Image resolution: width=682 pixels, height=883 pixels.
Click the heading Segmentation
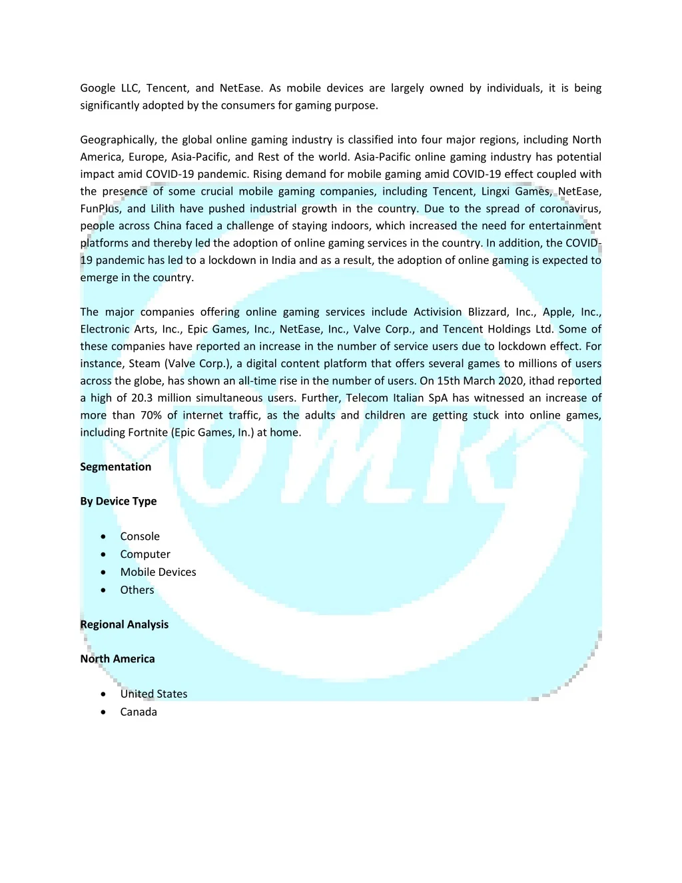[115, 466]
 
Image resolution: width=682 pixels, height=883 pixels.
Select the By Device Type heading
[118, 501]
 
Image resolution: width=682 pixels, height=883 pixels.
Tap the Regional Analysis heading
[124, 624]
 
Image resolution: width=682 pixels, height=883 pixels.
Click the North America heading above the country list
[117, 658]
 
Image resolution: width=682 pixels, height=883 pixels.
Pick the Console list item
[140, 536]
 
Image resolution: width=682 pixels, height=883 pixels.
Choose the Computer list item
[145, 554]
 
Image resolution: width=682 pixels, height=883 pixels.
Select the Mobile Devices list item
[158, 572]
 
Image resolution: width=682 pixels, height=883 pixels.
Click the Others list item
[137, 590]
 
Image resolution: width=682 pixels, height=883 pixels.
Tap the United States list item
[154, 694]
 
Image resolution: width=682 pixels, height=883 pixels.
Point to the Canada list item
[139, 712]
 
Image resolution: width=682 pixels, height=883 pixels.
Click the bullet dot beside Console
[103, 536]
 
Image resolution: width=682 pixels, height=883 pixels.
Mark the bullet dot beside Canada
[103, 712]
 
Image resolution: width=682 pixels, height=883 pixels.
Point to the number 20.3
[142, 398]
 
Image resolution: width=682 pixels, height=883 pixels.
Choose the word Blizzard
[488, 312]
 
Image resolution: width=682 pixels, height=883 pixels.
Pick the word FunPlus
[100, 209]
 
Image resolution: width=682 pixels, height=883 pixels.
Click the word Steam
[145, 363]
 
